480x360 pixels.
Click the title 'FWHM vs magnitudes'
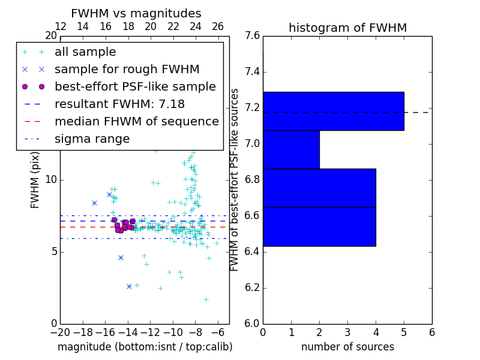136,13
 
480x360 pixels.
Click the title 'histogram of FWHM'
347,28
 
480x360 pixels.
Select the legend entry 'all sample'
85,52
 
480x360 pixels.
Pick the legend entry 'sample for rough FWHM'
127,70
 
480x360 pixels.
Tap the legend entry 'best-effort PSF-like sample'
135,87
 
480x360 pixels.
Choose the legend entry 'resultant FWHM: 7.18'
119,104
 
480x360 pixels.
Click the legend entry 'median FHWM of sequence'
136,122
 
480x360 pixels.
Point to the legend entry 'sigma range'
92,139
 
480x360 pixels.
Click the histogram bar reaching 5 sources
333,111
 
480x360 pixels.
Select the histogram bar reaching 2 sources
291,149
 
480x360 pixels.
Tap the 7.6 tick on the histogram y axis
253,36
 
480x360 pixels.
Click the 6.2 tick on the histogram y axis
253,287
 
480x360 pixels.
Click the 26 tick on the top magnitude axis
218,26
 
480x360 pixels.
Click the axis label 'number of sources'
347,347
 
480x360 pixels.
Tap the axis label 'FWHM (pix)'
35,180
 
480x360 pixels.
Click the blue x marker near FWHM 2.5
129,287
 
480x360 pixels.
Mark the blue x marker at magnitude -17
94,203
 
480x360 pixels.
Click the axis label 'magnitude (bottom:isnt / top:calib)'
145,347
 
